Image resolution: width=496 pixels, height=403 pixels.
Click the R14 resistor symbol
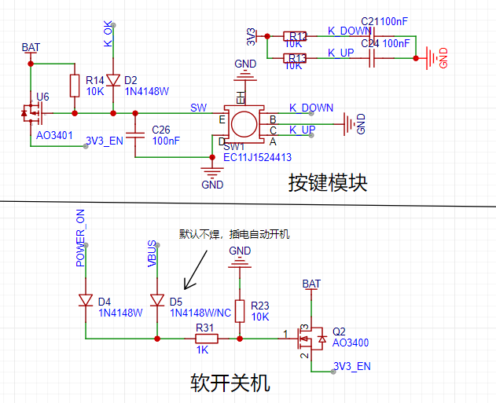coord(75,86)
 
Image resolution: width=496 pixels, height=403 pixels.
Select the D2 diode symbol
coord(113,80)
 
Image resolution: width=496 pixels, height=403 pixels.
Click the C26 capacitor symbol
coord(135,135)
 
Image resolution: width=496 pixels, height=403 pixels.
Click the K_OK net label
coord(108,34)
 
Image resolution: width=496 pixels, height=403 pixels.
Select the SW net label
coord(198,107)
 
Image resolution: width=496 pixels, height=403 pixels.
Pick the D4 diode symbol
coord(86,300)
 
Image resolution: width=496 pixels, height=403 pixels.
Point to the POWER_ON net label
coord(80,238)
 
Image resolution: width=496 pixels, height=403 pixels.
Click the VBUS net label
coord(152,255)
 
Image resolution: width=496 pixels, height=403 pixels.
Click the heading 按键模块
coord(327,183)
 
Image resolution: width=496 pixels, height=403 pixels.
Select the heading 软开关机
coord(230,383)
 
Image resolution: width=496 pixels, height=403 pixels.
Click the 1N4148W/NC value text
coord(200,313)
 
